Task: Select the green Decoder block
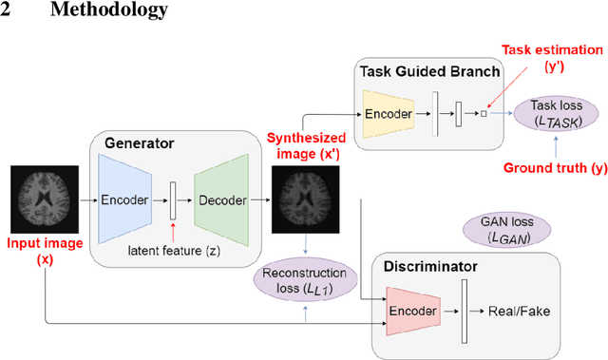click(x=219, y=200)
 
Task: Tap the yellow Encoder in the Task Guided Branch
click(x=389, y=114)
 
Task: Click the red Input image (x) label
click(x=44, y=251)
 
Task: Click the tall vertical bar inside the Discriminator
click(x=465, y=311)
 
